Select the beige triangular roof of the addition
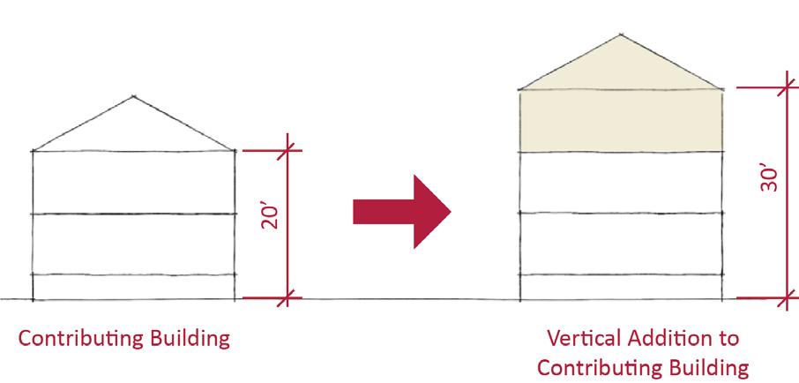pos(621,67)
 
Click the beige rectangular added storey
pos(621,121)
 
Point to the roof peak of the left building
pos(133,95)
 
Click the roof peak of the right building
pos(622,35)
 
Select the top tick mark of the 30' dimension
pos(787,87)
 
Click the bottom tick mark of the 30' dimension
pos(787,299)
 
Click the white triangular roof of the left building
pos(134,128)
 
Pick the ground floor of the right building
pos(621,288)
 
